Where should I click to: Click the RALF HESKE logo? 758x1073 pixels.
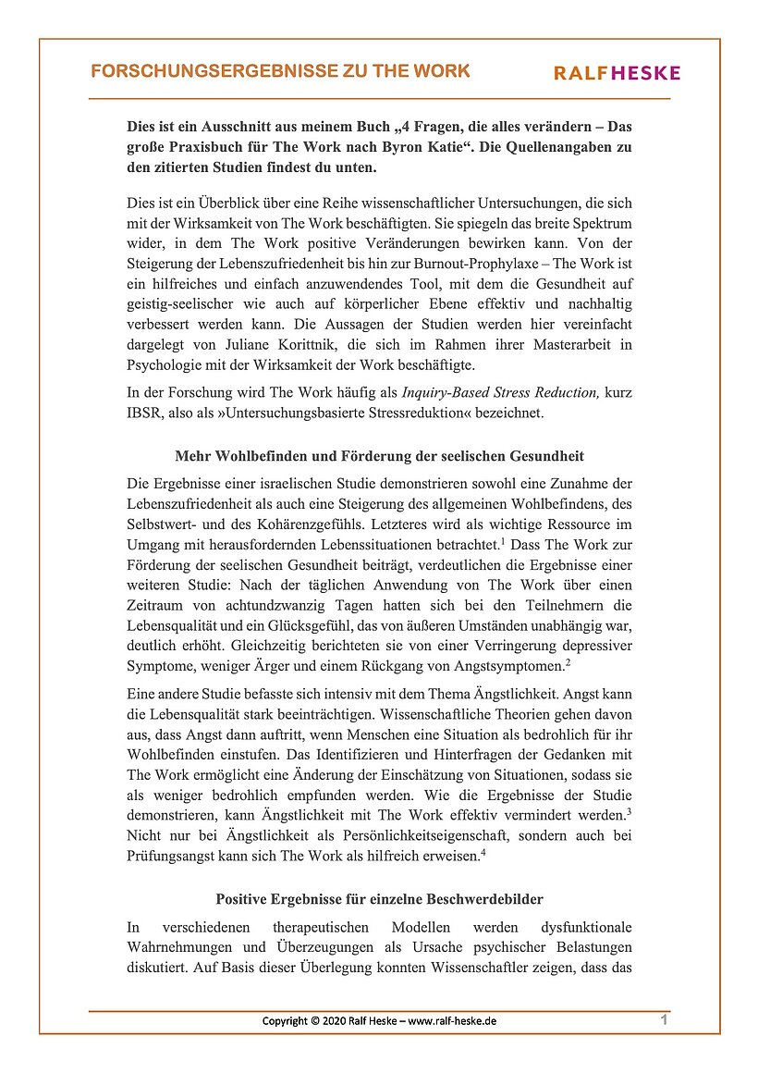(x=617, y=73)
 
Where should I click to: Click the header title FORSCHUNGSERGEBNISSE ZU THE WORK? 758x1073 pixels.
(x=280, y=71)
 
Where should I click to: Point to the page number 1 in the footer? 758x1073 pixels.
(x=665, y=1019)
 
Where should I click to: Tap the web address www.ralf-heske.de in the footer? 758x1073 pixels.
(x=453, y=1021)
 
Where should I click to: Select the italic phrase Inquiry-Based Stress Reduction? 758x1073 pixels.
(x=500, y=392)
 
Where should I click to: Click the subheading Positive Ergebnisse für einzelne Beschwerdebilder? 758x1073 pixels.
(x=379, y=898)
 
